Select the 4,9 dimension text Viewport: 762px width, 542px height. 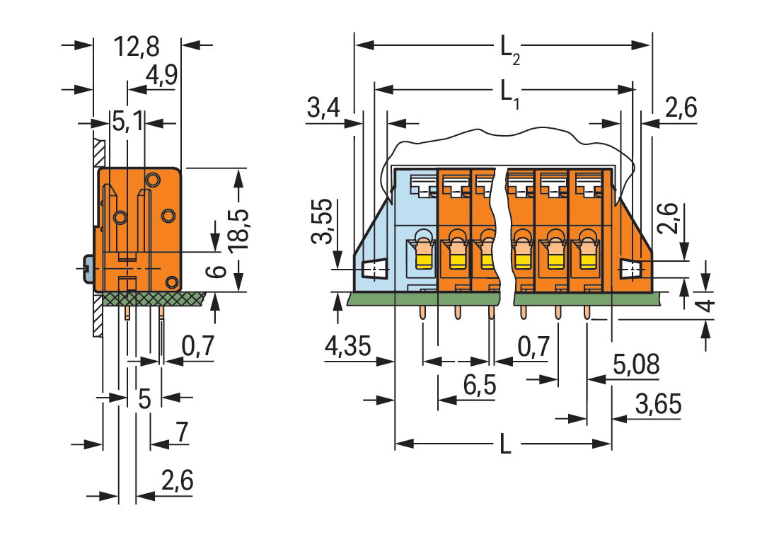[161, 76]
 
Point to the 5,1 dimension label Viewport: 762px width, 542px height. [127, 122]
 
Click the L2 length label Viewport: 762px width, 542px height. [509, 50]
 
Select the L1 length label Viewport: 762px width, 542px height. [509, 93]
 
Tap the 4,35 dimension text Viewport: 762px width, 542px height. [347, 347]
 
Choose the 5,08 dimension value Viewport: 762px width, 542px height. [635, 365]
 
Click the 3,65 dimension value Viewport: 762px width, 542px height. [658, 405]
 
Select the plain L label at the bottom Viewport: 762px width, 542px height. [505, 445]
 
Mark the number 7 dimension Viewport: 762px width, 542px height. [181, 432]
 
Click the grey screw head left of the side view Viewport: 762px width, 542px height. [88, 268]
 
